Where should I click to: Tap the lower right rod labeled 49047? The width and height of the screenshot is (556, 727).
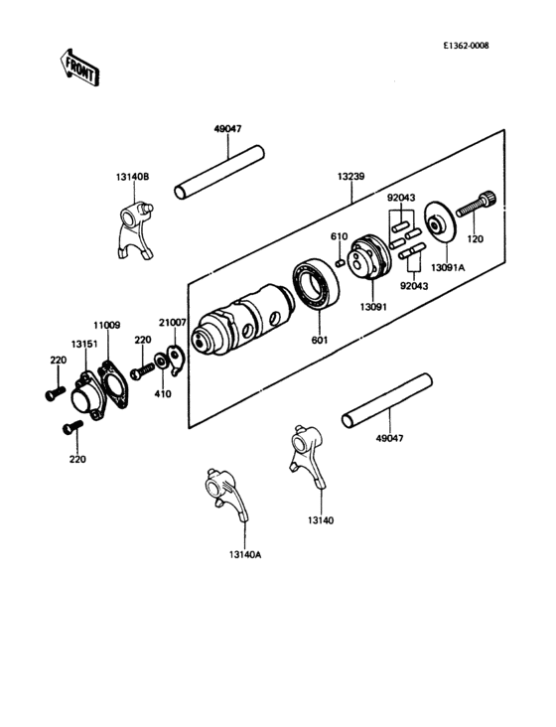(387, 402)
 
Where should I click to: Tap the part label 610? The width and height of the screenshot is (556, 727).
(339, 236)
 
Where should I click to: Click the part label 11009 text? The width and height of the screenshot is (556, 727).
(107, 323)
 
